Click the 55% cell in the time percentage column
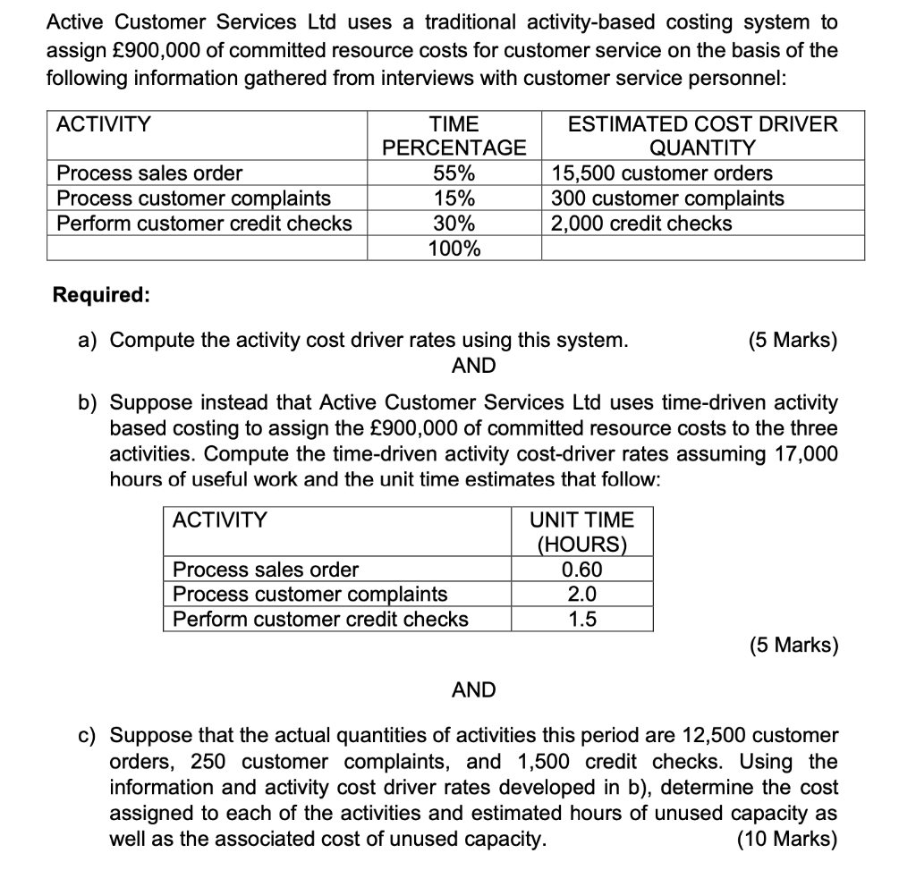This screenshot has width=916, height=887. click(x=454, y=173)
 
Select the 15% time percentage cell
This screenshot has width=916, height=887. click(x=454, y=198)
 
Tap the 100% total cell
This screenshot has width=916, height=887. click(x=454, y=249)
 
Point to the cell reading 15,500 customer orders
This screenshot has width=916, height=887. click(x=662, y=173)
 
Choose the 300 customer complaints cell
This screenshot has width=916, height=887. click(x=667, y=198)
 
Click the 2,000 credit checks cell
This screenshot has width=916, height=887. click(x=641, y=224)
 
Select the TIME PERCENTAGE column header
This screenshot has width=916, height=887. click(x=454, y=136)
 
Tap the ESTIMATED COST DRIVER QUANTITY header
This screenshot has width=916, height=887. click(x=702, y=136)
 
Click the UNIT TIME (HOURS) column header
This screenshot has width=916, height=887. click(x=581, y=532)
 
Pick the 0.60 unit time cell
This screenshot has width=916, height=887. click(x=581, y=570)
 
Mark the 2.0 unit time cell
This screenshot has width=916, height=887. click(x=581, y=594)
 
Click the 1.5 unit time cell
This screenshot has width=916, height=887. click(x=581, y=619)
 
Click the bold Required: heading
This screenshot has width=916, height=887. click(x=101, y=294)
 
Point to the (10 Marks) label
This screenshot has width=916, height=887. click(x=786, y=839)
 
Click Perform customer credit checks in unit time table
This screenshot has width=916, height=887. click(x=320, y=619)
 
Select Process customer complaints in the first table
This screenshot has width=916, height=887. click(x=193, y=198)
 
